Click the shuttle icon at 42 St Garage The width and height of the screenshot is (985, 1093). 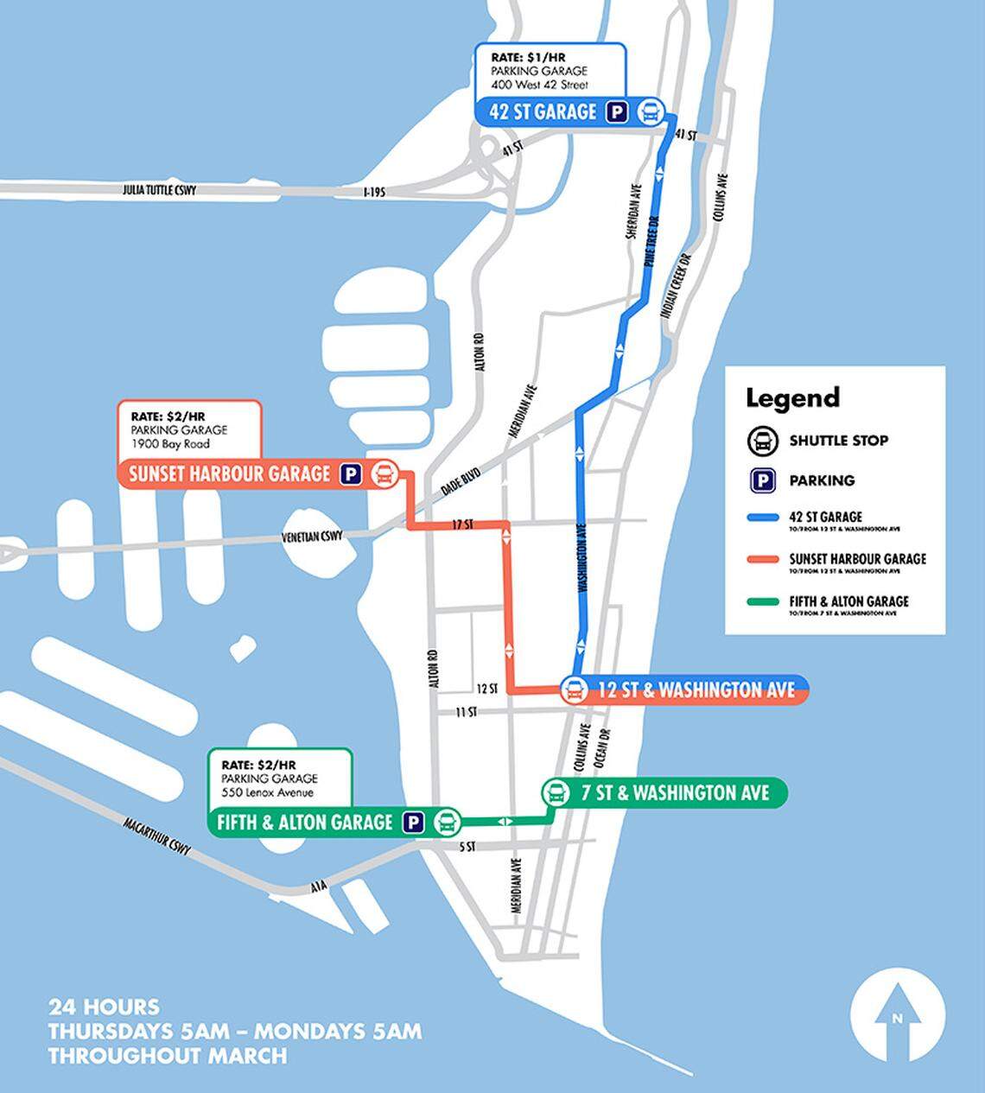651,112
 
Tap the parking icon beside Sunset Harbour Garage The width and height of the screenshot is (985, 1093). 350,473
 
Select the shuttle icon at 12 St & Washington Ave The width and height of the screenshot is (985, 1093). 573,689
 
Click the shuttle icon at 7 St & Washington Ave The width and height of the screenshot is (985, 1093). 555,792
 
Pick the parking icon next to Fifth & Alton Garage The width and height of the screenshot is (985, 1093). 415,822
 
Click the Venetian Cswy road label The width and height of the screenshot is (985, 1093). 312,537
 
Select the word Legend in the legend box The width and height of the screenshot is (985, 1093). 792,397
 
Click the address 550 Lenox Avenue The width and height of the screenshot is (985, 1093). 267,792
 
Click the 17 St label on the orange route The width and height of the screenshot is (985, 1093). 462,524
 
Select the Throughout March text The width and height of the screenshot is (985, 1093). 167,1055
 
